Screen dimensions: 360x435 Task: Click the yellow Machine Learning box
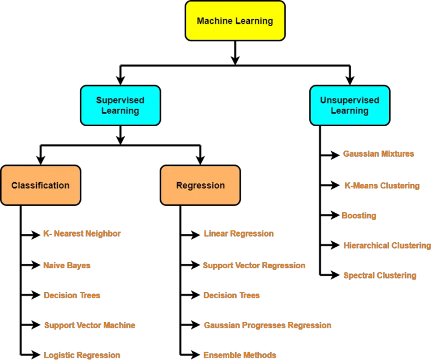tap(235, 21)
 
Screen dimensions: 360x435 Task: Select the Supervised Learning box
tap(120, 105)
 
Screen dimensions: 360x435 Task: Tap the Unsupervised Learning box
tap(349, 105)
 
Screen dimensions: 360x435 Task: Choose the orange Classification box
tap(40, 185)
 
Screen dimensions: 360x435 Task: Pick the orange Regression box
tap(200, 185)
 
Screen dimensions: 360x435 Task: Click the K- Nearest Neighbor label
tap(82, 234)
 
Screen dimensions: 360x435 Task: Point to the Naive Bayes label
tap(66, 265)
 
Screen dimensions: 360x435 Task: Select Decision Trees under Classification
tap(71, 295)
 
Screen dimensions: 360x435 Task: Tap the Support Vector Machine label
tap(89, 325)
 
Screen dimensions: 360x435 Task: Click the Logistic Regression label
tap(82, 355)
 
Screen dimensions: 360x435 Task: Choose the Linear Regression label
tap(238, 234)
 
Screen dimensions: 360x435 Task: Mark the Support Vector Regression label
tap(254, 265)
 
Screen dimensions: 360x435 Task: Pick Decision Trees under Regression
tap(232, 295)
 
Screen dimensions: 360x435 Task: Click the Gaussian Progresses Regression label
tap(267, 325)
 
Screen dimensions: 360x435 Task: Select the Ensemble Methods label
tap(240, 355)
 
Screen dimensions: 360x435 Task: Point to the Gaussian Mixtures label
tap(378, 154)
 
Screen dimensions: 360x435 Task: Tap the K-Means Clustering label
tap(382, 186)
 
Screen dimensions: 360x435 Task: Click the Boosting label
tap(359, 216)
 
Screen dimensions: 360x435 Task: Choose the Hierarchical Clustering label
tap(387, 246)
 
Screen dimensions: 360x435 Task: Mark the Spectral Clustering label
tap(379, 276)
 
